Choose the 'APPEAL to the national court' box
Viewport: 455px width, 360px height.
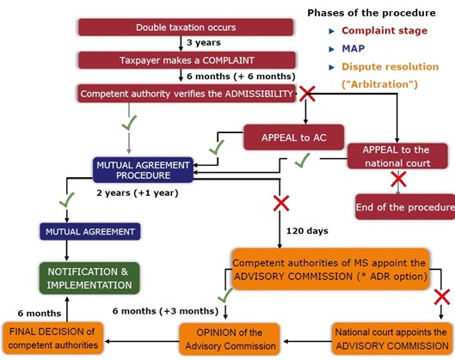pyautogui.click(x=398, y=156)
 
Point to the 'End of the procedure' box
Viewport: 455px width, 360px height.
pyautogui.click(x=404, y=207)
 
